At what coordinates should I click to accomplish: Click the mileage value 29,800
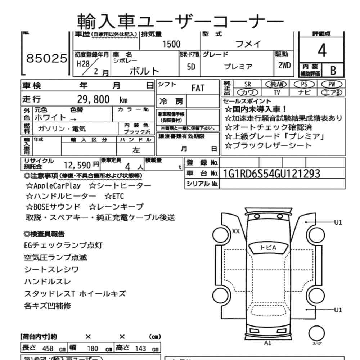pyautogui.click(x=93, y=100)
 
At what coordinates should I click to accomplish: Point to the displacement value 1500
pyautogui.click(x=171, y=44)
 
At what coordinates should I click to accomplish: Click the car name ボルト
pyautogui.click(x=144, y=70)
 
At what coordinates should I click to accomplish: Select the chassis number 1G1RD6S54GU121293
pyautogui.click(x=271, y=174)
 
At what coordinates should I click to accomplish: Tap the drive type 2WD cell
pyautogui.click(x=284, y=66)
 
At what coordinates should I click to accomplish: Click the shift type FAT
pyautogui.click(x=198, y=88)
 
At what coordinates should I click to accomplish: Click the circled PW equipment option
pyautogui.click(x=331, y=84)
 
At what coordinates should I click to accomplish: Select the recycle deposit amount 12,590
pyautogui.click(x=78, y=165)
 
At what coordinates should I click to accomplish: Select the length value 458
pyautogui.click(x=48, y=348)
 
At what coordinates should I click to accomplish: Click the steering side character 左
pyautogui.click(x=136, y=150)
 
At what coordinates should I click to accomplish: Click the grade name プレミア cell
pyautogui.click(x=238, y=67)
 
